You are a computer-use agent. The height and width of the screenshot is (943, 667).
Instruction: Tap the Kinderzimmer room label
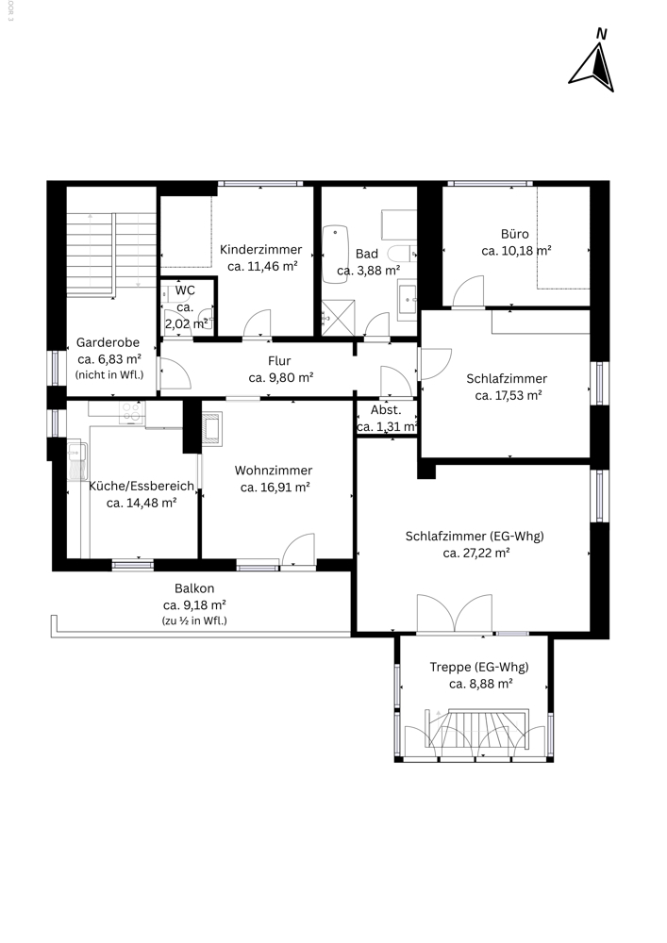(261, 250)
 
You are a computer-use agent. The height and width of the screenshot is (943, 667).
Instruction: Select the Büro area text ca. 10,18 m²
(517, 251)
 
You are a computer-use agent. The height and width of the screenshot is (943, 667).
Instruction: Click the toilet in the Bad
(401, 253)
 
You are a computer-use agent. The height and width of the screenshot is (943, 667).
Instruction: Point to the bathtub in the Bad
(335, 254)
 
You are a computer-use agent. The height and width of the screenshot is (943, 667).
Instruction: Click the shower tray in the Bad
(338, 318)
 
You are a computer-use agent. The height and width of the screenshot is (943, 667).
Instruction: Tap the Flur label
(279, 361)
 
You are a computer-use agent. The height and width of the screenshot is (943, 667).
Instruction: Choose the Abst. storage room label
(386, 410)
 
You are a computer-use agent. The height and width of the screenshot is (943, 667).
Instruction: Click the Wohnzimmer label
(274, 471)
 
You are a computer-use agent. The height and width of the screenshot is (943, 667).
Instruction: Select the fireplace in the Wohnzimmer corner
(211, 429)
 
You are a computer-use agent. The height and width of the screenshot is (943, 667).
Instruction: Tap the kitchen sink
(77, 461)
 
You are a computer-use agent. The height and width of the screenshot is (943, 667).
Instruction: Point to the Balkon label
(194, 588)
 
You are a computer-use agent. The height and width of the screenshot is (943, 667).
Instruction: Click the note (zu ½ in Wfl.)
(195, 621)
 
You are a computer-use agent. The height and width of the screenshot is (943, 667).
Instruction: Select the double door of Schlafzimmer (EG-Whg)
(455, 614)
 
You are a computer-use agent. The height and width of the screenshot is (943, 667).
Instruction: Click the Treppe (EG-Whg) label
(479, 667)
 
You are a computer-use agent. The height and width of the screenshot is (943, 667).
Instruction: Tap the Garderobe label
(108, 343)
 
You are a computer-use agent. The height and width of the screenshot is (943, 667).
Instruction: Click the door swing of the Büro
(468, 291)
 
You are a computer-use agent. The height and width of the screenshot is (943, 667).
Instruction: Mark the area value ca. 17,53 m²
(509, 396)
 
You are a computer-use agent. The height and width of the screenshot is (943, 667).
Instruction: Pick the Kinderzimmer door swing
(257, 323)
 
